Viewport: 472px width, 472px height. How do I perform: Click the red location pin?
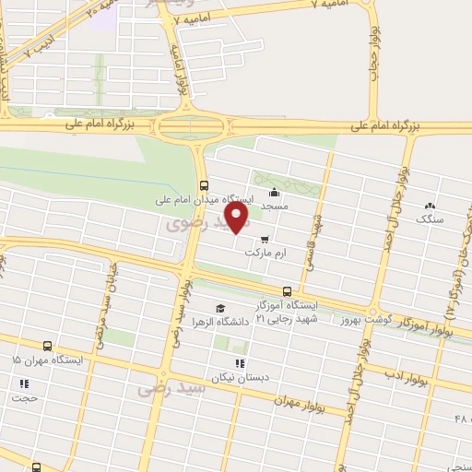point(238,218)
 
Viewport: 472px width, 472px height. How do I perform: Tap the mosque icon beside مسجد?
point(274,193)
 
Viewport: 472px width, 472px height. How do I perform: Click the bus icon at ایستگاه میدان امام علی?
point(204,183)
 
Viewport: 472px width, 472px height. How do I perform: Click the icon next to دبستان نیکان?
point(240,363)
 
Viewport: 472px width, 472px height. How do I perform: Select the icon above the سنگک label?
point(429,206)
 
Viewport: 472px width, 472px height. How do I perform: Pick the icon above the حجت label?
point(24,383)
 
